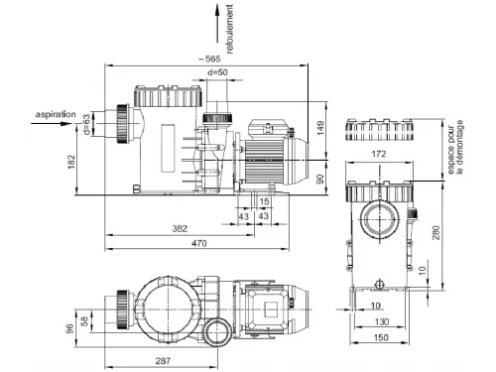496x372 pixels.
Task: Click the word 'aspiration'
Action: tap(56, 114)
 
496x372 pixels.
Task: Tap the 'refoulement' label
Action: tap(230, 29)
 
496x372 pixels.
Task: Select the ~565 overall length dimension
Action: tap(209, 60)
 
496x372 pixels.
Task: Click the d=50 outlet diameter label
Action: tap(217, 72)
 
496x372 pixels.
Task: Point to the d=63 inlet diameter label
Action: tap(86, 124)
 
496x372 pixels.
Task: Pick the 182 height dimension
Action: tap(71, 162)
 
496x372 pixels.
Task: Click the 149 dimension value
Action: tap(320, 128)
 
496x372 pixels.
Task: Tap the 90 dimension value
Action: tap(320, 180)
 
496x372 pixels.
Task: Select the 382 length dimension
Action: tap(180, 228)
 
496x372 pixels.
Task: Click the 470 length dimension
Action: tap(199, 243)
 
